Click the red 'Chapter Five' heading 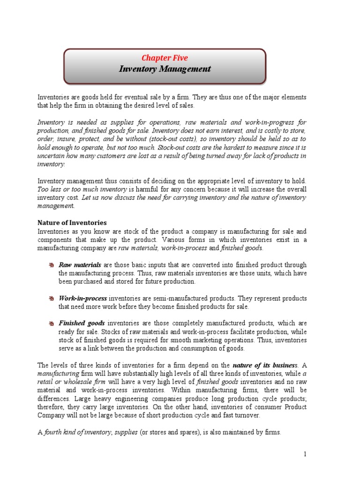click(x=165, y=58)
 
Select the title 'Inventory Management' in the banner click(x=165, y=69)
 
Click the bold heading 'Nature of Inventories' click(x=72, y=223)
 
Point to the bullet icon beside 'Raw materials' click(x=51, y=265)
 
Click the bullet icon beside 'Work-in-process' click(x=51, y=299)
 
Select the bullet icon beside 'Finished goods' click(x=51, y=323)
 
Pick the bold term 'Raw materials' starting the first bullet click(x=80, y=265)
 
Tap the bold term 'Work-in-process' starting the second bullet click(x=83, y=299)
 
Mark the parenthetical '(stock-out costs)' click(x=162, y=139)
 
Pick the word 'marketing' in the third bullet click(x=206, y=340)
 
